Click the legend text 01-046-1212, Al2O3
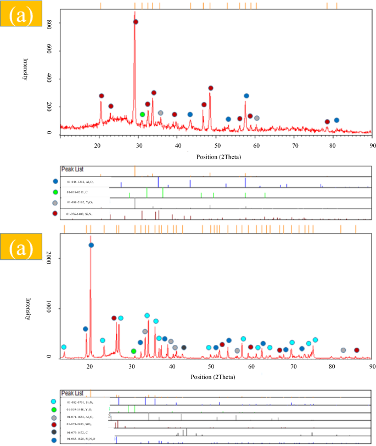pyautogui.click(x=86, y=181)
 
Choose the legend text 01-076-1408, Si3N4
pyautogui.click(x=86, y=213)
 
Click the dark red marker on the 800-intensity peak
pyautogui.click(x=136, y=22)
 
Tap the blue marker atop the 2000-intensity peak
pyautogui.click(x=91, y=245)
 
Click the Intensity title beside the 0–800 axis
pyautogui.click(x=24, y=69)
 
